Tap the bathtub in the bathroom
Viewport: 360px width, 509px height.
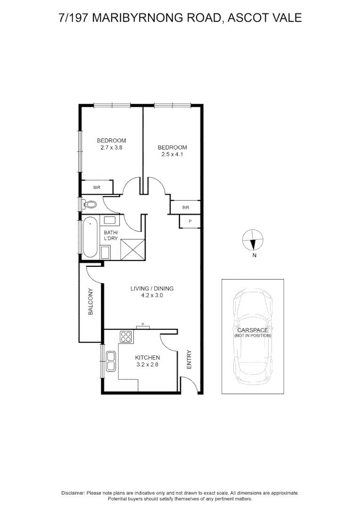pos(90,237)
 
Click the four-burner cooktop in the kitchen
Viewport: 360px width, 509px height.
pos(126,337)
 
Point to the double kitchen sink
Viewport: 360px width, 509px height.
pos(111,361)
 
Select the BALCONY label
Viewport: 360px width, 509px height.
pos(91,302)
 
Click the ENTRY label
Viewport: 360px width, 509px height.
pos(189,359)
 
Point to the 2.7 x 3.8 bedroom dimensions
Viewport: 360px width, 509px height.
pos(112,147)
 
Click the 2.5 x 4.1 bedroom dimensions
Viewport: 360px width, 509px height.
pos(172,154)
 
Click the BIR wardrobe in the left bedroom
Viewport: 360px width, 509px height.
pos(97,187)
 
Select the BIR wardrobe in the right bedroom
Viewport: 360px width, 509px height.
pos(186,207)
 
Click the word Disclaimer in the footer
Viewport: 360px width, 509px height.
pos(73,493)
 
